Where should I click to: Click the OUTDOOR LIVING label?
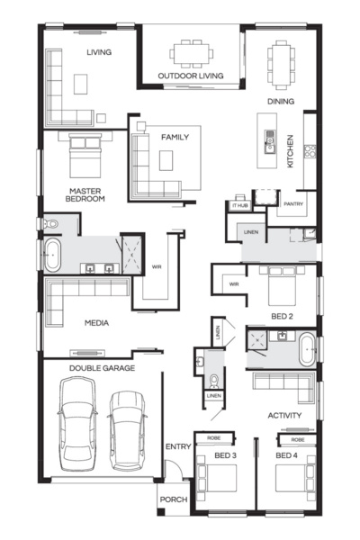coord(190,76)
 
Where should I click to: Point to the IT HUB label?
coord(239,205)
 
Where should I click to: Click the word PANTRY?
coord(293,205)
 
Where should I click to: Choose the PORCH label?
coord(173,499)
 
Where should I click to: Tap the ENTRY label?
coord(177,447)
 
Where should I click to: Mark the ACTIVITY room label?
coord(284,416)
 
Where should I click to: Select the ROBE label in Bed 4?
coord(297,439)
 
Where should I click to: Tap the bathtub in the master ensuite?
coord(51,256)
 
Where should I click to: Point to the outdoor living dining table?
coord(191,52)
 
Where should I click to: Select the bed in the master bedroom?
coord(84,154)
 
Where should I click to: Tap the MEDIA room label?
coord(96,322)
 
